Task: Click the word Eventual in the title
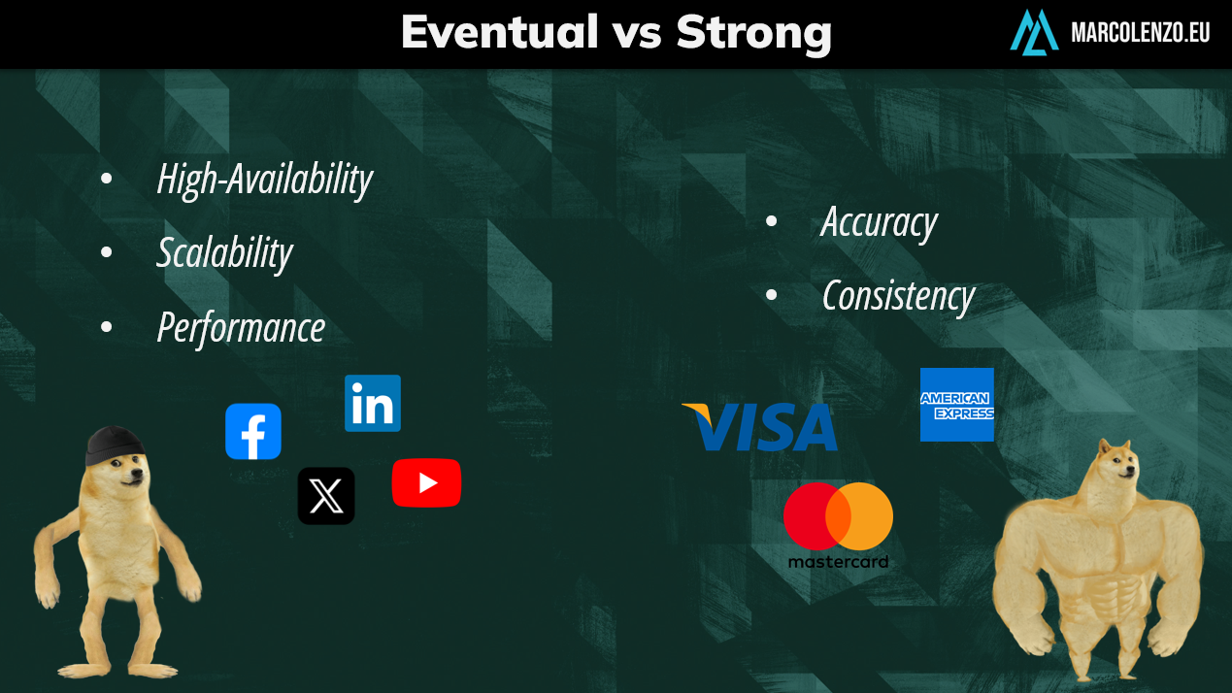coord(499,32)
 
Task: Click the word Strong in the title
coord(754,34)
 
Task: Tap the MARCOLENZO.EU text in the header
coord(1140,33)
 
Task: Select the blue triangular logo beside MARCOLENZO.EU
coord(1034,32)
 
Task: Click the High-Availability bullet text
coord(264,180)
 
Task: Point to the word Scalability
coord(224,253)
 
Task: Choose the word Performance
coord(241,328)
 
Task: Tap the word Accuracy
coord(879,223)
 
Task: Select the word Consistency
coord(899,297)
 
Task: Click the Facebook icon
coord(253,431)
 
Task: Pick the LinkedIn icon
coord(373,403)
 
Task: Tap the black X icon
coord(326,496)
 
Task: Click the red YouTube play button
coord(426,482)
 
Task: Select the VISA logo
coord(759,427)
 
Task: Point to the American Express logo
coord(957,404)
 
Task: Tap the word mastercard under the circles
coord(838,562)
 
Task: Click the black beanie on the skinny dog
coord(114,444)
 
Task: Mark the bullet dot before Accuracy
coord(771,221)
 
